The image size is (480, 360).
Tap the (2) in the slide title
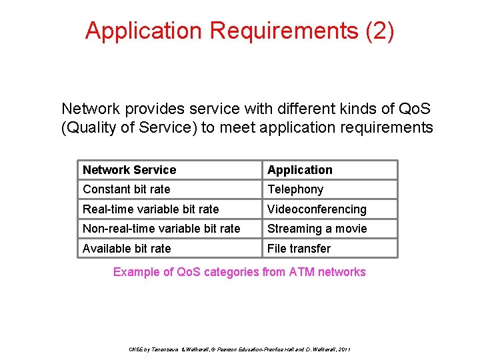(380, 31)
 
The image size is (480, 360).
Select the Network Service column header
(129, 170)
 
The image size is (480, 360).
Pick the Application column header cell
(300, 170)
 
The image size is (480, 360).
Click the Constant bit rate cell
(127, 189)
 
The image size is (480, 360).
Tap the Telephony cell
(295, 189)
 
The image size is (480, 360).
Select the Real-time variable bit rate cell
(151, 209)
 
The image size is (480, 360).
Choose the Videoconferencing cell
(317, 209)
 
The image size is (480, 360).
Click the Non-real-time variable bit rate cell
(161, 229)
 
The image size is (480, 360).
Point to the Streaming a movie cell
(317, 229)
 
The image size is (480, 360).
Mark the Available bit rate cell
(127, 249)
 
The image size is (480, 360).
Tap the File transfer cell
(299, 249)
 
